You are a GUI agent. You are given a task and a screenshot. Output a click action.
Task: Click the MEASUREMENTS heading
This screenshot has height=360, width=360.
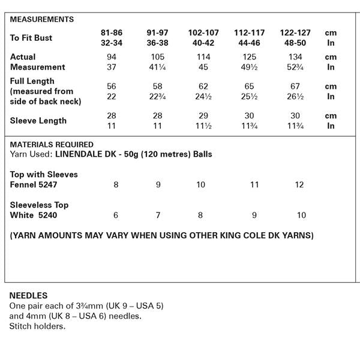[42, 19]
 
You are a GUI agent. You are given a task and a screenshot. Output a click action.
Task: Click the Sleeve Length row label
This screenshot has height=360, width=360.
[38, 121]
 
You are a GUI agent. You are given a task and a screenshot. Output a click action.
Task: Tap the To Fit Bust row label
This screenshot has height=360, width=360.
[31, 38]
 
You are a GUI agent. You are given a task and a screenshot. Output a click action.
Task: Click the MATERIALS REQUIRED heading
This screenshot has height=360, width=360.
[52, 145]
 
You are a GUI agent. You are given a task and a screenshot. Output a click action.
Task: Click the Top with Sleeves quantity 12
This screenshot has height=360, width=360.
[300, 185]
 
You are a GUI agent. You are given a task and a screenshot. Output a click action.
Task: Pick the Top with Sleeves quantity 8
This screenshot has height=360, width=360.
[116, 185]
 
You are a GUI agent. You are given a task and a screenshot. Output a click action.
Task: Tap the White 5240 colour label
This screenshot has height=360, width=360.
[34, 215]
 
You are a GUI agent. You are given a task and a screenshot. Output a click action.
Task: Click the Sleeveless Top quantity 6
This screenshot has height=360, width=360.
[116, 215]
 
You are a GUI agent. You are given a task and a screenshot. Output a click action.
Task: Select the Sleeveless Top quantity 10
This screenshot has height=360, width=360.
[301, 215]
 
